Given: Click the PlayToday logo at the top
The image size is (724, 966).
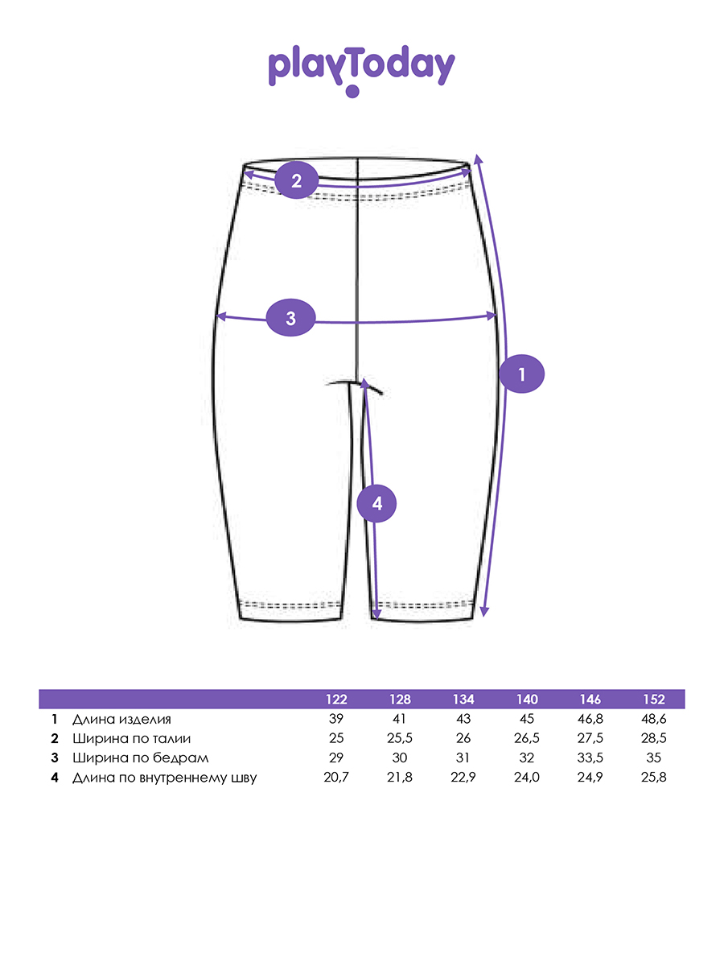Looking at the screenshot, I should [361, 69].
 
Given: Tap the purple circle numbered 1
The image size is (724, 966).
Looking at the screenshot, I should [521, 374].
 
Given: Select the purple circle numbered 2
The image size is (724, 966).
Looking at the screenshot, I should [296, 180].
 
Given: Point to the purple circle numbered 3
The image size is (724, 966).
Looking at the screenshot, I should [290, 318].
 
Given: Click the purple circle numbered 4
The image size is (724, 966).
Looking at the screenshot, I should [376, 504].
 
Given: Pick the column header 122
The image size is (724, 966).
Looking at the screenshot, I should [336, 700].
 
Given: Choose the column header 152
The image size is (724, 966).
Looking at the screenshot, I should [654, 700].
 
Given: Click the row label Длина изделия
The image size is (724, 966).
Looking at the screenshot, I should [121, 719].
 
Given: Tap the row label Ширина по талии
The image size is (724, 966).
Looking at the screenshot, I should [131, 738].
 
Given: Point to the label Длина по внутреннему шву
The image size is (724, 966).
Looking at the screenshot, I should [164, 777].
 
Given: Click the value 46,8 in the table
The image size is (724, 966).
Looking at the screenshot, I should [590, 719].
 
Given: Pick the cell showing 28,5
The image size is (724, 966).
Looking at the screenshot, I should [654, 738].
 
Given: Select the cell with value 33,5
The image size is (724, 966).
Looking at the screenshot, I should [590, 758].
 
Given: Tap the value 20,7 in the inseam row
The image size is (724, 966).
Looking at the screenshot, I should [336, 777].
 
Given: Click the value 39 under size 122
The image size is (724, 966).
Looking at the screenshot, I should [336, 719].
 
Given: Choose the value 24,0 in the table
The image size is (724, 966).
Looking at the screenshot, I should [527, 777].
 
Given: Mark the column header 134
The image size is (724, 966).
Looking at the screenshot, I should [463, 700].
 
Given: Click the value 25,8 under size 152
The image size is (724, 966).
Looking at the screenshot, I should [654, 777].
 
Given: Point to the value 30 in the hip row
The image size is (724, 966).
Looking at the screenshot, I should [400, 758].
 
